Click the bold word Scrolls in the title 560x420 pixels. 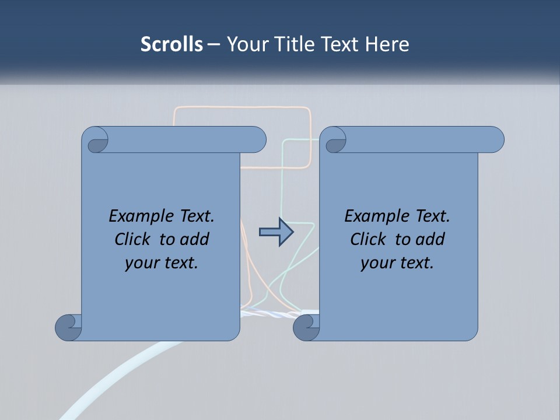(171, 44)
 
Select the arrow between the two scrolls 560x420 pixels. (276, 232)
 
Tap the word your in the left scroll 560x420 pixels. (141, 263)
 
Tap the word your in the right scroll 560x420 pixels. (376, 263)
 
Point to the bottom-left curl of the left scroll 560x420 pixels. (69, 327)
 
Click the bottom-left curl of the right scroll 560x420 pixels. (306, 327)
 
